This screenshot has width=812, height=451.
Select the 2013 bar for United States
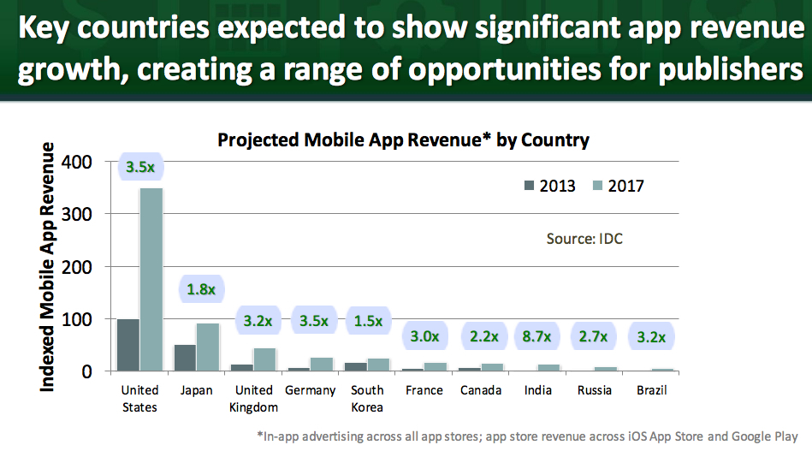click(x=127, y=345)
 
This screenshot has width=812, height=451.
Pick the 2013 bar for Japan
click(x=185, y=358)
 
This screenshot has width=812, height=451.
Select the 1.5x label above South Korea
click(x=370, y=322)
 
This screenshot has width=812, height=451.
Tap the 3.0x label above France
click(x=425, y=335)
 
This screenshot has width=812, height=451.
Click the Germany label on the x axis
click(x=310, y=390)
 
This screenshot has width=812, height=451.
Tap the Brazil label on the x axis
click(x=652, y=390)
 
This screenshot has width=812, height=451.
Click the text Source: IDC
click(x=584, y=239)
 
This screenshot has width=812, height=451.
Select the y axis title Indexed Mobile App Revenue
click(x=48, y=267)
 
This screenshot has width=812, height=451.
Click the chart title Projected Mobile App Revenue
click(x=403, y=139)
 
